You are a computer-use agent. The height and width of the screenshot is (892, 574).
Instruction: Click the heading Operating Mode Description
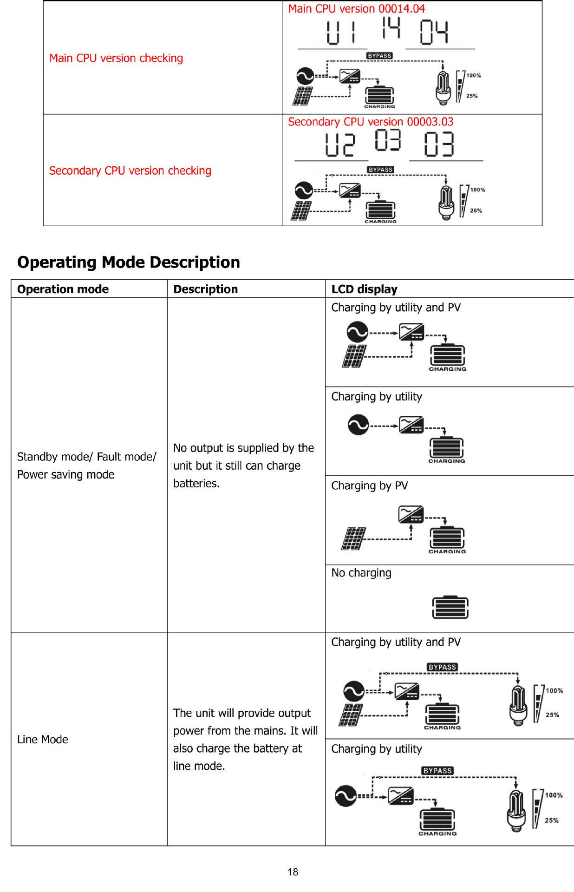click(x=129, y=262)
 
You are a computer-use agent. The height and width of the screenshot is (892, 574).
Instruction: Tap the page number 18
click(x=293, y=872)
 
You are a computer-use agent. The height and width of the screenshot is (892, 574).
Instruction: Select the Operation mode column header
click(x=63, y=289)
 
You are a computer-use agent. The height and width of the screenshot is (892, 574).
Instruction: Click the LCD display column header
click(x=364, y=289)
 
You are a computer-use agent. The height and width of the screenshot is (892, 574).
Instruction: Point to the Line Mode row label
click(x=43, y=740)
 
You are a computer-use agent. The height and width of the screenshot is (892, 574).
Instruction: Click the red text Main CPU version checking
click(x=116, y=58)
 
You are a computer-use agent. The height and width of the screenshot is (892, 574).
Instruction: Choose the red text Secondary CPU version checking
click(x=130, y=171)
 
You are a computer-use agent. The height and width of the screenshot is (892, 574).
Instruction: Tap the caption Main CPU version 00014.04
click(x=356, y=9)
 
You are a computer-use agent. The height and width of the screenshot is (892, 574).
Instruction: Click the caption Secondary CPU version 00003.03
click(x=371, y=122)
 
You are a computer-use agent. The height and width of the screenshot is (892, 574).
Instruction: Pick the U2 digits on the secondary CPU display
click(x=340, y=144)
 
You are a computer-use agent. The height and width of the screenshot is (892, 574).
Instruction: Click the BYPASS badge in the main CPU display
click(x=379, y=56)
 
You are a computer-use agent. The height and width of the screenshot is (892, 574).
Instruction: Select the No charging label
click(x=361, y=573)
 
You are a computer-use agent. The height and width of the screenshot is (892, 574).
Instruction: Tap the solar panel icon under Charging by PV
click(x=354, y=538)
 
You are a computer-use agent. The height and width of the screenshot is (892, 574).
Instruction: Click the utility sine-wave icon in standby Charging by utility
click(x=358, y=425)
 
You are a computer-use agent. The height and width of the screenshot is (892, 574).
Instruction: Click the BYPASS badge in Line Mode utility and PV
click(x=442, y=667)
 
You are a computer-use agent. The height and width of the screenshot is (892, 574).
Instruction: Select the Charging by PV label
click(x=369, y=486)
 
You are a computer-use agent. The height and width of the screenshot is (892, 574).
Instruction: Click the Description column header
click(x=205, y=289)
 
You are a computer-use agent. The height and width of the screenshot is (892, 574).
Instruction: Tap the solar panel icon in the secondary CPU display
click(x=301, y=211)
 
